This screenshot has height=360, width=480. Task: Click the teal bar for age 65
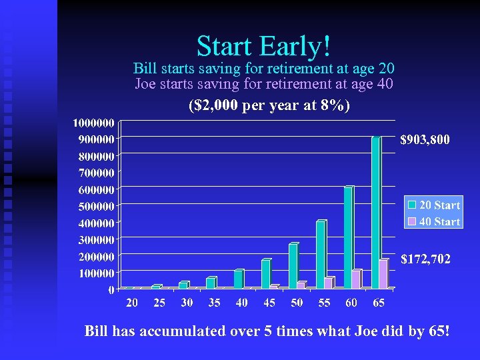(376, 213)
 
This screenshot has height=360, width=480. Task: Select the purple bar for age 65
(383, 274)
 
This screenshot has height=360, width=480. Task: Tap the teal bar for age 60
(349, 238)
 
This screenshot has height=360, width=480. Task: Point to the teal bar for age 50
(293, 266)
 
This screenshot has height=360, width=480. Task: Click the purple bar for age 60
(356, 279)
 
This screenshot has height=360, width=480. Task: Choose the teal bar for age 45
(266, 274)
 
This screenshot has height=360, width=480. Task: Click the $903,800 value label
(425, 140)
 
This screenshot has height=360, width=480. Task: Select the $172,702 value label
(425, 259)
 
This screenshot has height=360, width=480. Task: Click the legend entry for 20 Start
(434, 205)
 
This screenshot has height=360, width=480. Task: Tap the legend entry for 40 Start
(434, 221)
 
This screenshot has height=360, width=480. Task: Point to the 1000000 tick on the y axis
(93, 123)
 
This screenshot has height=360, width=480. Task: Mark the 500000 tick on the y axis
(93, 206)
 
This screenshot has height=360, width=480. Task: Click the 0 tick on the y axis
(111, 289)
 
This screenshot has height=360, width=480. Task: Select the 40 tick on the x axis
(241, 303)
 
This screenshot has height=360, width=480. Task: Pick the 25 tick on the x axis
(159, 303)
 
